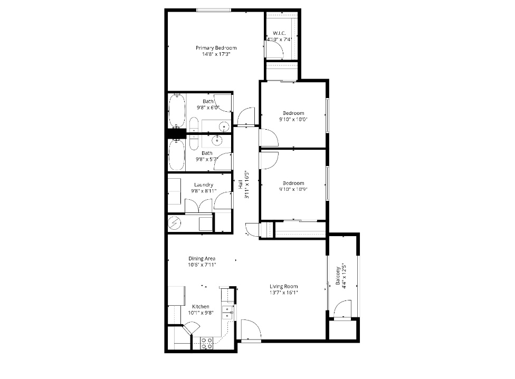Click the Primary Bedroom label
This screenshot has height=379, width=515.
[215, 47]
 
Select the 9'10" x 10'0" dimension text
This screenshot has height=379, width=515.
[293, 119]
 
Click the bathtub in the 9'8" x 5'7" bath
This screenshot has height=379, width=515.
[176, 154]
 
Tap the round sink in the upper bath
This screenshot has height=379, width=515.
[225, 127]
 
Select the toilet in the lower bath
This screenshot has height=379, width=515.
[193, 141]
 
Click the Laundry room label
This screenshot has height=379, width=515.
[203, 184]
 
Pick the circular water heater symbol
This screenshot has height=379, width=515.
[175, 223]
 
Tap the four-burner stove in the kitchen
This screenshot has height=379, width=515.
[206, 344]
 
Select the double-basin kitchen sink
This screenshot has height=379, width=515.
[226, 312]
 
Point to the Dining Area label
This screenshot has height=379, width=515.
[202, 259]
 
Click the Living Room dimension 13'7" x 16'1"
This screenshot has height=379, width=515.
[284, 293]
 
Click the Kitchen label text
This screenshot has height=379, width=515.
[201, 306]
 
